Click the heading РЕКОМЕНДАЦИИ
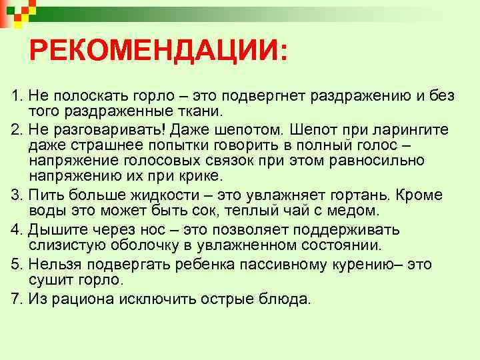(x=159, y=51)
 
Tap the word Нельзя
(x=55, y=264)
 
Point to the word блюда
(x=286, y=298)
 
